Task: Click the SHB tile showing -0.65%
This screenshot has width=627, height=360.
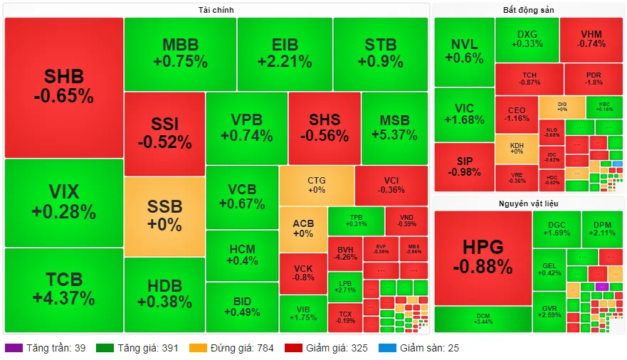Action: [64, 86]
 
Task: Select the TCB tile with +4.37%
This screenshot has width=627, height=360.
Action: [64, 288]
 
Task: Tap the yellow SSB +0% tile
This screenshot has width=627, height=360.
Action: [164, 216]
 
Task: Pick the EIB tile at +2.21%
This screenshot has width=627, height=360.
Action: [285, 53]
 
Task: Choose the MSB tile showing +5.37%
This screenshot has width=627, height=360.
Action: [394, 127]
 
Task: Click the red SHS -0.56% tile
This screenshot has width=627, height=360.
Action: [324, 127]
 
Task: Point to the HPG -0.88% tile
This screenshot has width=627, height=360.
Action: [483, 257]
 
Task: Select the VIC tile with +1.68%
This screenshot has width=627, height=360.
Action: [464, 114]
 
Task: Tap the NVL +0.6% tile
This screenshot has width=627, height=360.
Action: [464, 51]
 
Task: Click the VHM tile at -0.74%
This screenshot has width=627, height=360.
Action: [591, 38]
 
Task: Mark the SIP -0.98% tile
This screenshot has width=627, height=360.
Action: [464, 166]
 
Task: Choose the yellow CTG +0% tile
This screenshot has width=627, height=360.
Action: [316, 185]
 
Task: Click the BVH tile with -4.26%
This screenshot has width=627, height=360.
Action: [345, 253]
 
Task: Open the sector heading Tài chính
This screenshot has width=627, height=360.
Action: [216, 10]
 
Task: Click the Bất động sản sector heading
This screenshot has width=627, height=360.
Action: [528, 10]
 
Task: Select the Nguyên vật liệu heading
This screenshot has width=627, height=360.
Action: [528, 204]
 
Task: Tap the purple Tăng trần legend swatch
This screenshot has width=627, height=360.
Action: [14, 349]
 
